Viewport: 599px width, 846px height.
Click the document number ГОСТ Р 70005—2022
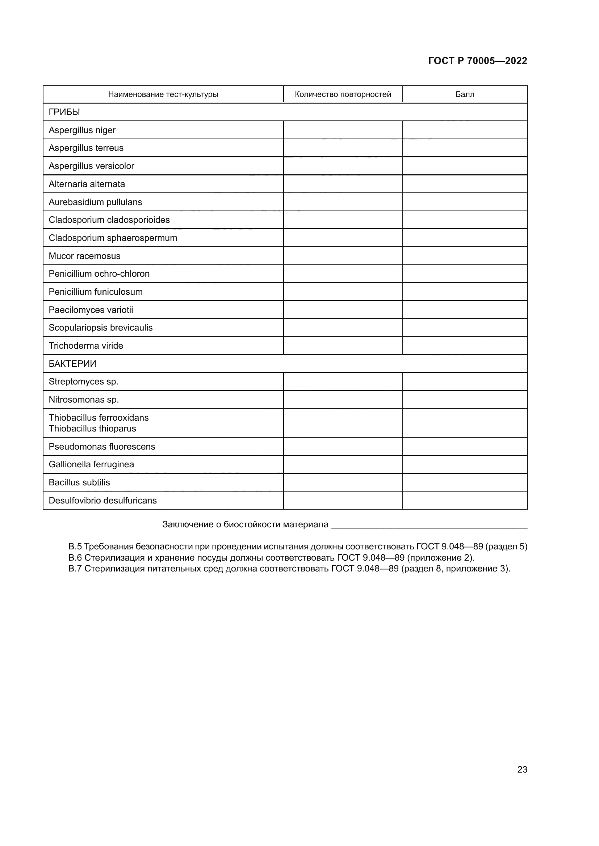477,61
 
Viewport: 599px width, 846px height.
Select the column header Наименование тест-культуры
163,94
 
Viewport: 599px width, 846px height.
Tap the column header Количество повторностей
343,94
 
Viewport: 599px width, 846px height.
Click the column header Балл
464,94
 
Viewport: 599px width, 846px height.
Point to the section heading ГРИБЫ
64,112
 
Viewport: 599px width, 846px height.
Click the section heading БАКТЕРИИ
72,364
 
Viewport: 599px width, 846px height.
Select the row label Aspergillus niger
82,130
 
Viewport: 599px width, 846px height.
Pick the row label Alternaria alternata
87,184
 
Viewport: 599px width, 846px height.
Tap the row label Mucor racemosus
84,256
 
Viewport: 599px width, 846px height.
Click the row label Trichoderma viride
85,346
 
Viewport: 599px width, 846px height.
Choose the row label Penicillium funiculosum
96,292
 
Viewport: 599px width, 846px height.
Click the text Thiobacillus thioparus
92,429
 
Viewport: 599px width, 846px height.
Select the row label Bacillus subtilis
79,482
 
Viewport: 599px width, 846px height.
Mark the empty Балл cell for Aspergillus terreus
464,148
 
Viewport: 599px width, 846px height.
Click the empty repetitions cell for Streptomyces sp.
343,382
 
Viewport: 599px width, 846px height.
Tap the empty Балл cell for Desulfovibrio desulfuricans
464,500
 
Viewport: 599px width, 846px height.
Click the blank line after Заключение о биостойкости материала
428,525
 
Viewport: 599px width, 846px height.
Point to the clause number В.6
75,557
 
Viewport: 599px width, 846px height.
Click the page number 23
522,769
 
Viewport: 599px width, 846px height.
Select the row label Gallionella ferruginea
91,464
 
